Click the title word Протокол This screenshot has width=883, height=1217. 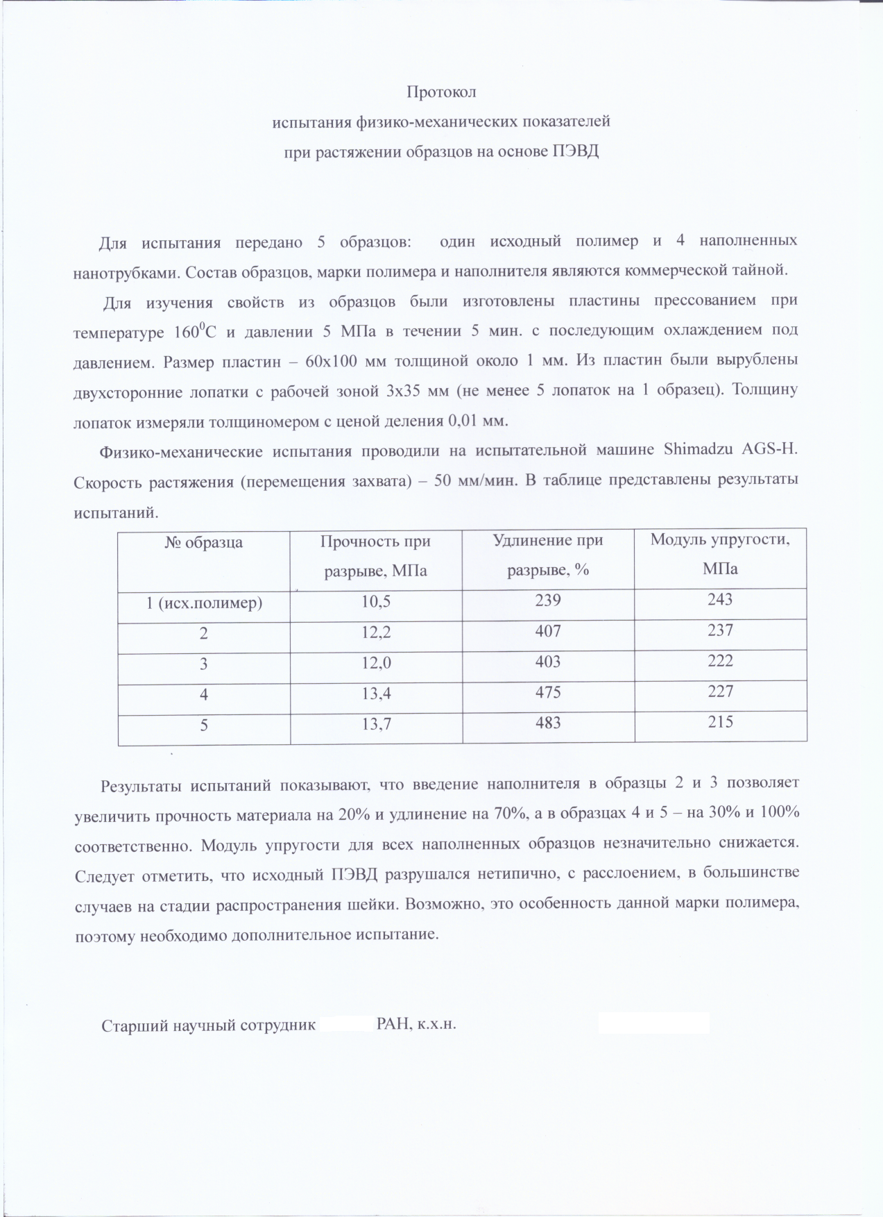(x=441, y=92)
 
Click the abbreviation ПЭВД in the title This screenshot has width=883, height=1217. (x=575, y=151)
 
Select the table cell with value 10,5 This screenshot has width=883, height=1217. (x=376, y=601)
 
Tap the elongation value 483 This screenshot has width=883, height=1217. (x=548, y=723)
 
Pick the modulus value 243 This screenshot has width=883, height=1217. (x=720, y=599)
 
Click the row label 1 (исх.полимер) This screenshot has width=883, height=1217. (x=204, y=603)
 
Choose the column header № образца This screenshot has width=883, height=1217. (x=204, y=542)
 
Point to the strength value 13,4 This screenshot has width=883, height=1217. (x=376, y=693)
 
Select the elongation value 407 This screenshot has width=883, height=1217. (x=548, y=631)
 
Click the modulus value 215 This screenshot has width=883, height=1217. (x=720, y=721)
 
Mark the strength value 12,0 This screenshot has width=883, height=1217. (x=376, y=662)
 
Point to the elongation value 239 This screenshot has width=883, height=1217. (x=548, y=601)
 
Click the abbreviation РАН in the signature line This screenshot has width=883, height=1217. (x=393, y=1024)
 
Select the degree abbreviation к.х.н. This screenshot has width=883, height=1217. (x=436, y=1024)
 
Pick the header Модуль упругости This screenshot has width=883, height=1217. (x=719, y=539)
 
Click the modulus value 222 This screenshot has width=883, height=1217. (x=720, y=660)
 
